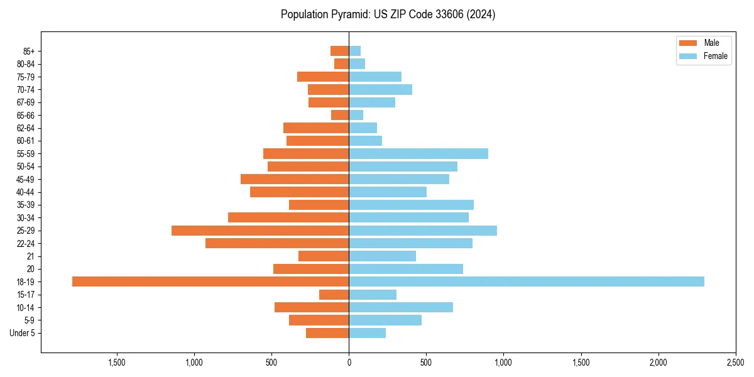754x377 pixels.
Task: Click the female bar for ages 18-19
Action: (x=527, y=281)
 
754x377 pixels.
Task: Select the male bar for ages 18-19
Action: (x=210, y=281)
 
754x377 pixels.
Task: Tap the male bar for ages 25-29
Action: (x=260, y=231)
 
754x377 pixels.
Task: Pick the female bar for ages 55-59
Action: (x=418, y=154)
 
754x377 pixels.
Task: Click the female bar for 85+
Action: (x=355, y=51)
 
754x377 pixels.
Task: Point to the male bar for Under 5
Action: (x=327, y=333)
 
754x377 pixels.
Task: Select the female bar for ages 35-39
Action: (x=412, y=205)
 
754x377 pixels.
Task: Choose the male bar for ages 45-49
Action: (x=295, y=179)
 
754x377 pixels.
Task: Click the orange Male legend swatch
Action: (x=688, y=43)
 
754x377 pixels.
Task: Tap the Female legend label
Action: (x=716, y=56)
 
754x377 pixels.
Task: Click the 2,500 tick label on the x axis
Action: (x=736, y=363)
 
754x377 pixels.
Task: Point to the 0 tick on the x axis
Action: (x=349, y=363)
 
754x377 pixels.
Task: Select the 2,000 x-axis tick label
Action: (x=658, y=363)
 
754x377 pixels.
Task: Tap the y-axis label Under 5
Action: (x=23, y=333)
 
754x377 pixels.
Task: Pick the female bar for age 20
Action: (x=406, y=269)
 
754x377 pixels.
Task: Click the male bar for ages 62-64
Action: (x=316, y=128)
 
